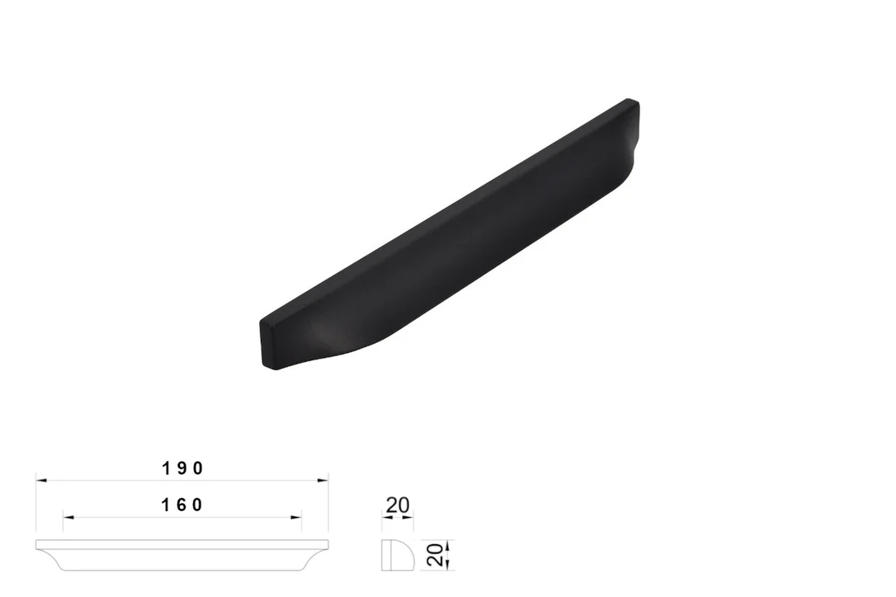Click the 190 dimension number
pyautogui.click(x=182, y=468)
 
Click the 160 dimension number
pyautogui.click(x=182, y=505)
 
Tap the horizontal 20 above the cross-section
pyautogui.click(x=398, y=505)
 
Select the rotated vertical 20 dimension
pyautogui.click(x=436, y=555)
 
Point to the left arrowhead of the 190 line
pyautogui.click(x=41, y=481)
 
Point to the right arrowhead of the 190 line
pyautogui.click(x=323, y=481)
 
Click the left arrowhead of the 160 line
pyautogui.click(x=68, y=518)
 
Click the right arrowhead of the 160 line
pyautogui.click(x=296, y=518)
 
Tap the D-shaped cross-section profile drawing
pyautogui.click(x=398, y=555)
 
